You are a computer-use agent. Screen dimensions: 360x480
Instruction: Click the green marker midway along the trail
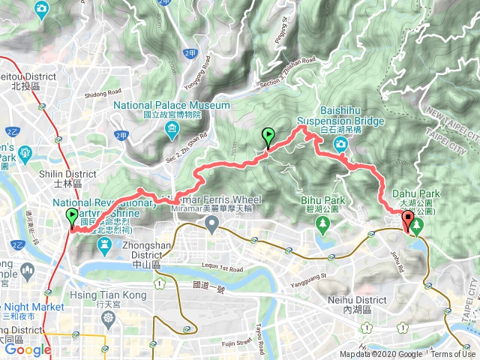pos(268,137)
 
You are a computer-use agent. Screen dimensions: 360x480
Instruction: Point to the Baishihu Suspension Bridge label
pos(341,121)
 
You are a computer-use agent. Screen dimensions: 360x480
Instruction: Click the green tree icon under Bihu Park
pos(323,223)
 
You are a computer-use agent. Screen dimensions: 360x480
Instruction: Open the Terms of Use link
pos(452,355)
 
